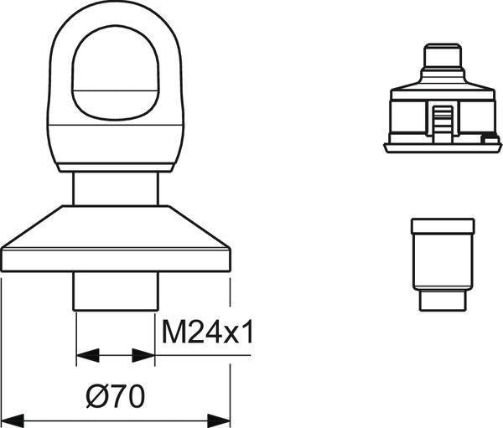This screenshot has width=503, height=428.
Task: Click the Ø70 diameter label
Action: click(116, 396)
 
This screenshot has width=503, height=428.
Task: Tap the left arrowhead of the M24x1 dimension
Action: click(87, 355)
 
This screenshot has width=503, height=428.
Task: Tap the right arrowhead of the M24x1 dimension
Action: click(143, 355)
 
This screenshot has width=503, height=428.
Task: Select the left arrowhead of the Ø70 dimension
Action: click(13, 420)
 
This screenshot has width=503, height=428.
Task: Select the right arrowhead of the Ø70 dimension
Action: click(219, 420)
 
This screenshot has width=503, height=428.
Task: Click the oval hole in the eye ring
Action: click(116, 75)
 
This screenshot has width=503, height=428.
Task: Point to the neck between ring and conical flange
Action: click(116, 188)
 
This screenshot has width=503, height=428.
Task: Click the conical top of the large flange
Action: click(116, 227)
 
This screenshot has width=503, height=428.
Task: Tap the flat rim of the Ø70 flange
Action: click(116, 260)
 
